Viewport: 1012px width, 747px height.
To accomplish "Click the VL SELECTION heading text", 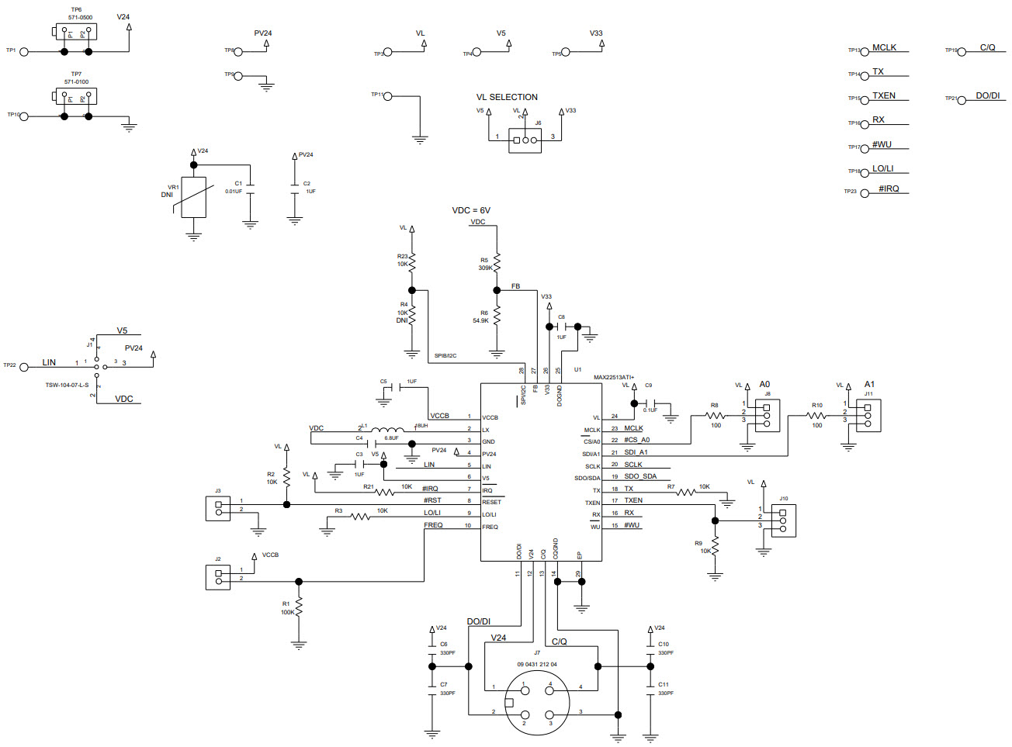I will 507,97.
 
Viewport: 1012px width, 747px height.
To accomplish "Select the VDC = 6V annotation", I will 471,210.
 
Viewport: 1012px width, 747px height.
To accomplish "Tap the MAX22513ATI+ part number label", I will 614,378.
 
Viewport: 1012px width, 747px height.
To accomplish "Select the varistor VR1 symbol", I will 193,198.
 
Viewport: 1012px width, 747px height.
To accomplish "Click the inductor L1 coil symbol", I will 387,429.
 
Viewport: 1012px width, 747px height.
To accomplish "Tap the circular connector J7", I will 537,703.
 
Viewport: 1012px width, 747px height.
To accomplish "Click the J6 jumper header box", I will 525,140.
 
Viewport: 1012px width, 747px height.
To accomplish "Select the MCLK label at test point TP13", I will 884,48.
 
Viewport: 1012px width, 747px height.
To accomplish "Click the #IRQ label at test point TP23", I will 889,188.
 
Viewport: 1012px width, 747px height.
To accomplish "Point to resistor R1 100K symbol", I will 299,607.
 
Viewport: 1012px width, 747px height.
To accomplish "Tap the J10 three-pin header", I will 783,520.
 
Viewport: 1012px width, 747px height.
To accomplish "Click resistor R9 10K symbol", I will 716,546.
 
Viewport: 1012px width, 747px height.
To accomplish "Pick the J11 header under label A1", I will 868,415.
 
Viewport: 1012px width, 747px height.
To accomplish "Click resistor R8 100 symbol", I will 716,417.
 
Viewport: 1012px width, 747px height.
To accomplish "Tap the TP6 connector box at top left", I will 75,32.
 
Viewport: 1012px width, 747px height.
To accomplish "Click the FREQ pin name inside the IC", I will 490,527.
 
